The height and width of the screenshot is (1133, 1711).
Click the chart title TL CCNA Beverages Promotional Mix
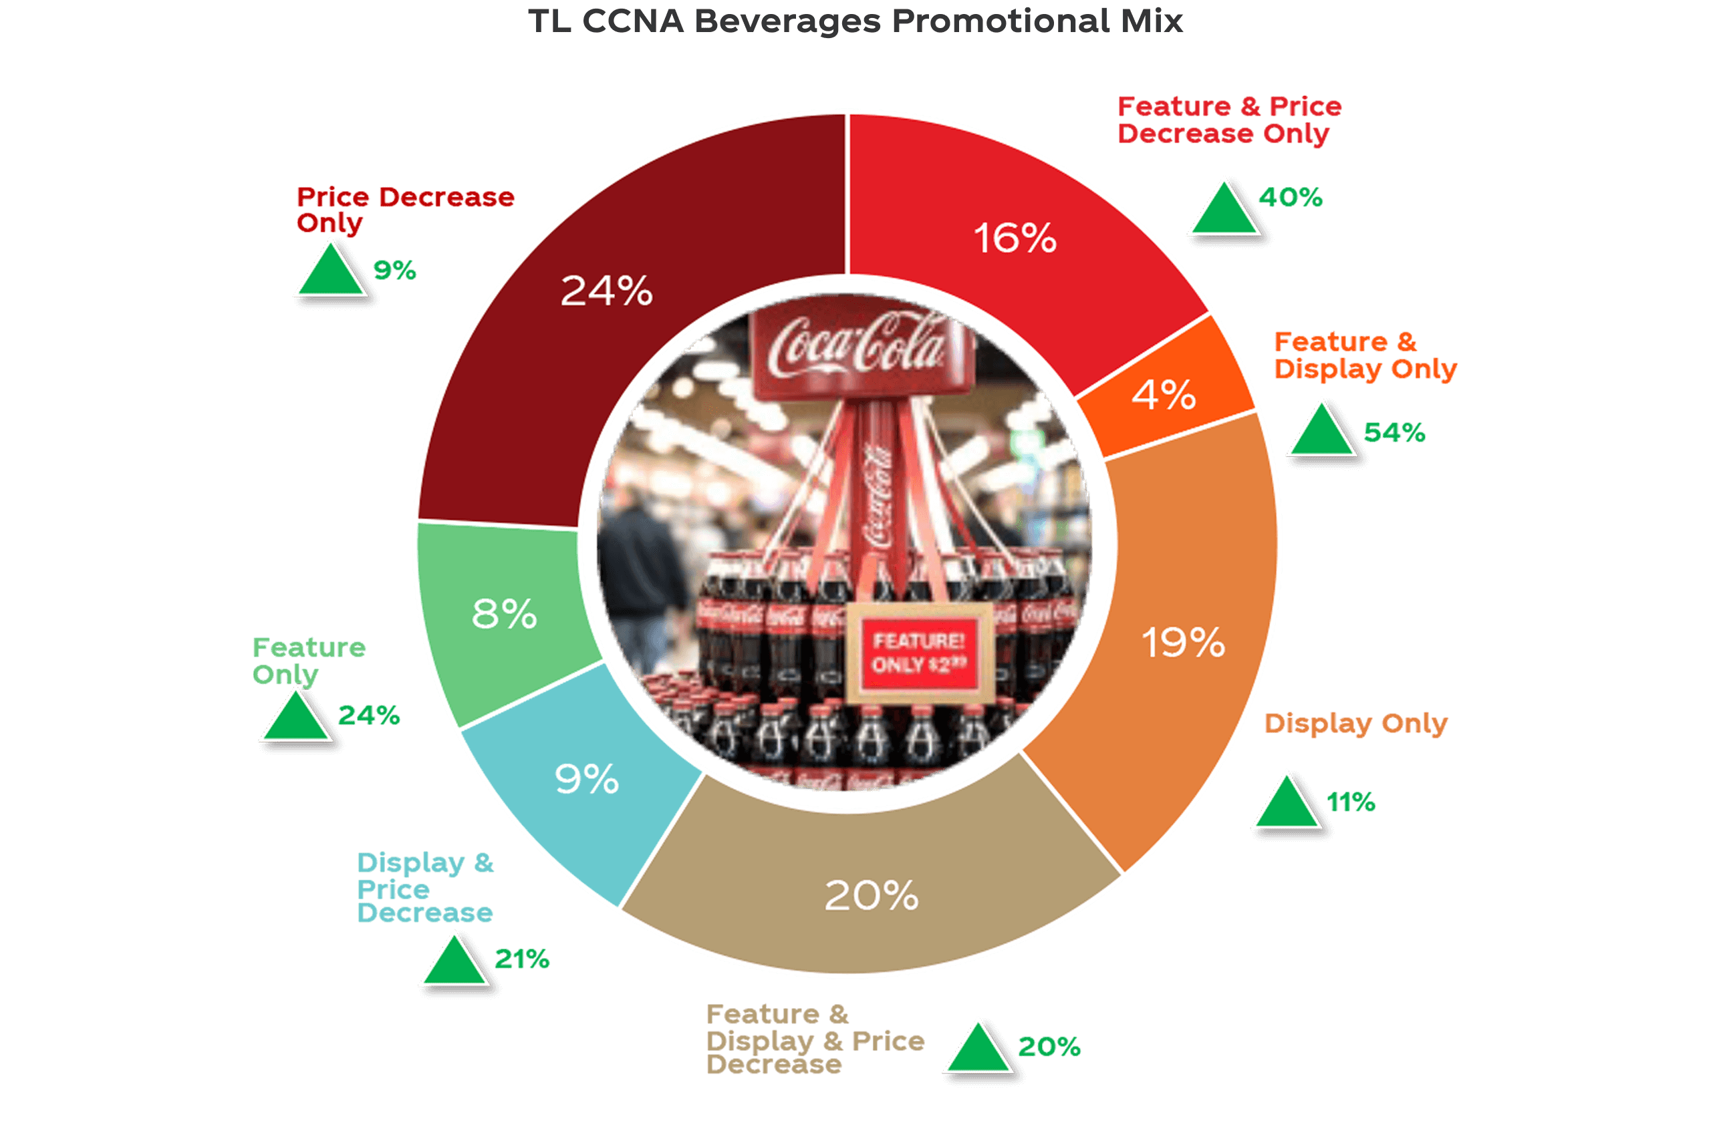coord(855,21)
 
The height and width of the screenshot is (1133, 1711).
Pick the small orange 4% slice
coord(1164,393)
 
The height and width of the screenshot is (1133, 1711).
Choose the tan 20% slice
coord(871,896)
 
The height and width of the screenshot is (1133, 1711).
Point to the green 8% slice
coord(504,614)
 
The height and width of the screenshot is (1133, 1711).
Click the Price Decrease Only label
coord(405,210)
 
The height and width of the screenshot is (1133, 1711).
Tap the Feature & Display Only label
coord(1365,355)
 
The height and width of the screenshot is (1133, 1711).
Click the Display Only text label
coord(1355,723)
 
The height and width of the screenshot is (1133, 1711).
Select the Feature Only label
coord(309,661)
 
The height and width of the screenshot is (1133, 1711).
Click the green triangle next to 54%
coord(1321,432)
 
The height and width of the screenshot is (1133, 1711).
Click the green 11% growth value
coord(1350,802)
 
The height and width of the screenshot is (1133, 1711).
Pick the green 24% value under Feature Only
coord(369,715)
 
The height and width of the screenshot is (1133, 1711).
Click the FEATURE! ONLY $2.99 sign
coord(919,653)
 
